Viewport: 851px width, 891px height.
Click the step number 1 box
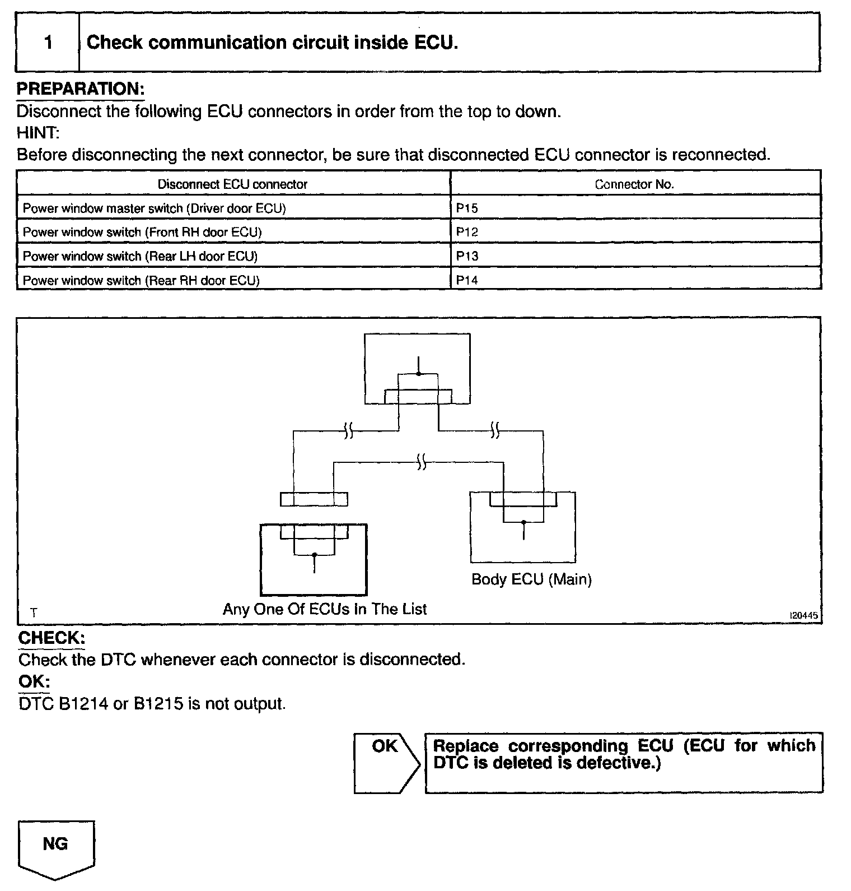(x=48, y=43)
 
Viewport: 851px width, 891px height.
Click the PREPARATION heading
(x=80, y=89)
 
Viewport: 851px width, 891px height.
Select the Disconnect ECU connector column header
(x=232, y=184)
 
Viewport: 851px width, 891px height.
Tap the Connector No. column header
(x=634, y=184)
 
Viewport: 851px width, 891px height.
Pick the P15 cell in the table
(x=467, y=208)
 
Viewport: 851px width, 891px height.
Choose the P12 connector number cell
(x=467, y=233)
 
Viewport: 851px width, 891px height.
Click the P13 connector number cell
(x=467, y=257)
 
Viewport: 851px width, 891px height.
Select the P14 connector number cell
(x=467, y=280)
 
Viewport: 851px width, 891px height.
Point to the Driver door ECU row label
(x=154, y=208)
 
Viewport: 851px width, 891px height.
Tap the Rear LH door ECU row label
(x=140, y=257)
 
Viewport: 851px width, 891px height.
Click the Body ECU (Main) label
(x=531, y=579)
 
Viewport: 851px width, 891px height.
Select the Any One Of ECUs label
(x=325, y=609)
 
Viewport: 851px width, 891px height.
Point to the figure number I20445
(x=803, y=615)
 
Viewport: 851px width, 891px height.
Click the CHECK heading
(x=52, y=638)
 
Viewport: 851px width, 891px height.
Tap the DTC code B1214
(x=83, y=704)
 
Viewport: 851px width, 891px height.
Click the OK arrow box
(x=386, y=762)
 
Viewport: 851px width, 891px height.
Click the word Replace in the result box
(x=466, y=746)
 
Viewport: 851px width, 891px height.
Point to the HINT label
(x=38, y=133)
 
